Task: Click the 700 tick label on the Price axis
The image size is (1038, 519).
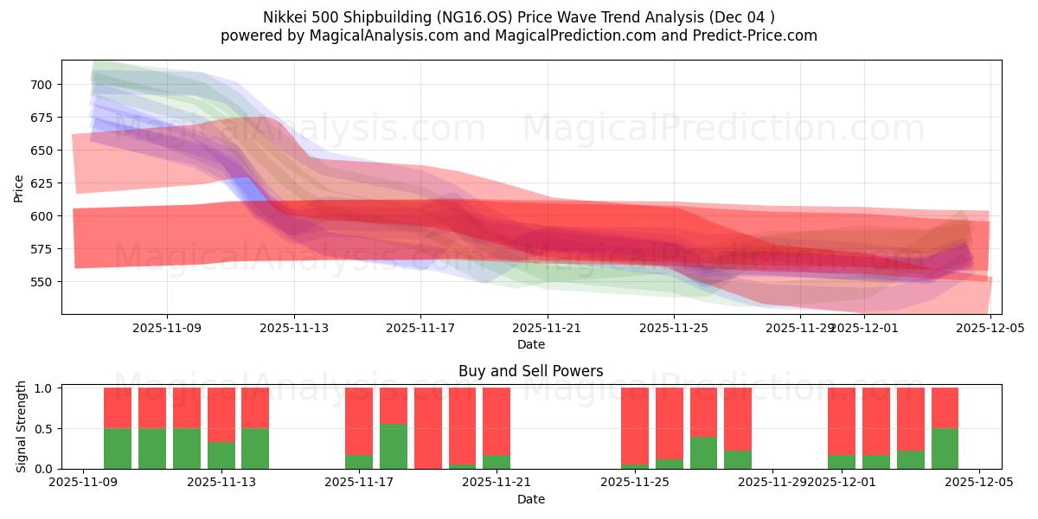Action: (41, 85)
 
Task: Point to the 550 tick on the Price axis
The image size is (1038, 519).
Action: (41, 282)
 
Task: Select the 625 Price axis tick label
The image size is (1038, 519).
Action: (41, 183)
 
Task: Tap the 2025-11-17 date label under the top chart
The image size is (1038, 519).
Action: (420, 328)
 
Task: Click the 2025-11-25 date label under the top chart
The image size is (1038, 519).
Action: (674, 328)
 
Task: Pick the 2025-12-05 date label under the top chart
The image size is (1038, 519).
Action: (990, 328)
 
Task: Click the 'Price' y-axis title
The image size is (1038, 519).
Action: (19, 188)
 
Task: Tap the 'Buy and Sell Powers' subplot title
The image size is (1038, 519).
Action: (531, 371)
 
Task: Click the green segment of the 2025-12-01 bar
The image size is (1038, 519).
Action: (842, 462)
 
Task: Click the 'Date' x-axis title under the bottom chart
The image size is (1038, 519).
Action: (531, 499)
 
